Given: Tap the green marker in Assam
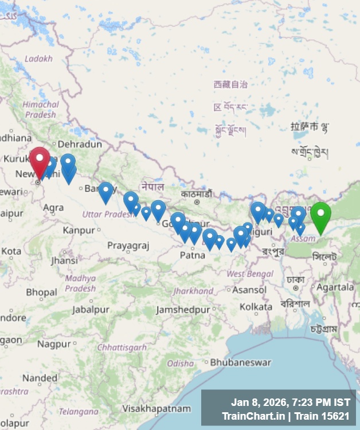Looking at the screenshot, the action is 320,216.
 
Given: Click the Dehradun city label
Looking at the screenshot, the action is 80,144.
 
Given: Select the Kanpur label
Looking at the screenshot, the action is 79,230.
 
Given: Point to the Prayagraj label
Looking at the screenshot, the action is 128,246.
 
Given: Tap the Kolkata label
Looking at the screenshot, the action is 256,307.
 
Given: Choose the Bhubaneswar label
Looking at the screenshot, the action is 241,362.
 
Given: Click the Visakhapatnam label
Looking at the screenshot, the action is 156,409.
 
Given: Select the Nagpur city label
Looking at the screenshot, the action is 54,344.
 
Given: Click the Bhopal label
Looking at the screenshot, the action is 41,292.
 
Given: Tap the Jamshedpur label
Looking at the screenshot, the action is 183,310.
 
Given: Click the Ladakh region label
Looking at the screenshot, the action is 38,58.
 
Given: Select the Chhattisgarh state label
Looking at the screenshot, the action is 122,347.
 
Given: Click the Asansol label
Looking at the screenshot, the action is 249,290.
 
